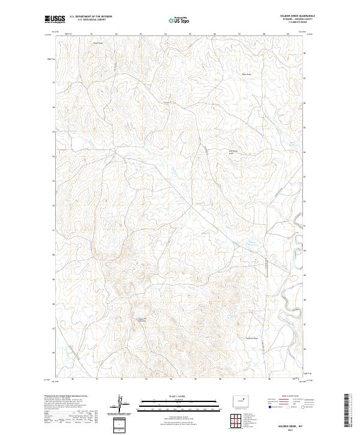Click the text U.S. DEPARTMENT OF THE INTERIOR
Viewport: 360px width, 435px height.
click(x=91, y=17)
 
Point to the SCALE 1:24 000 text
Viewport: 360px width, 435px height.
click(x=172, y=395)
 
